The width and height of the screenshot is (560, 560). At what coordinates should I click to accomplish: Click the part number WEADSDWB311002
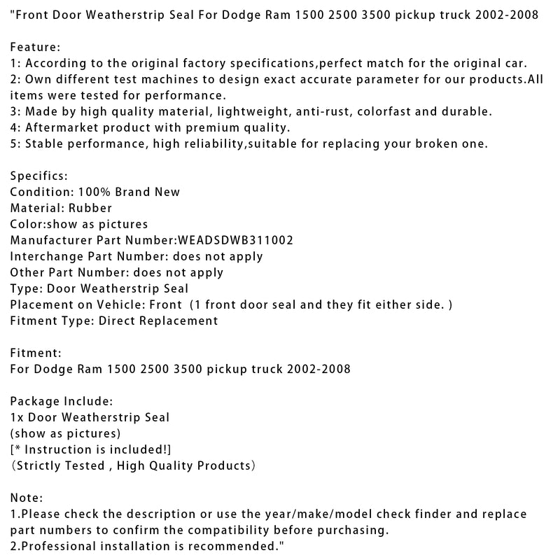(x=235, y=240)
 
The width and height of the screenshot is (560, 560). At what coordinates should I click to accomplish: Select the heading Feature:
(x=36, y=47)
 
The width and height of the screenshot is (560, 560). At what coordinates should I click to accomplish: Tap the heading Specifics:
(x=38, y=176)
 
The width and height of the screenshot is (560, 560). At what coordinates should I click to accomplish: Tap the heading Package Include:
(x=61, y=401)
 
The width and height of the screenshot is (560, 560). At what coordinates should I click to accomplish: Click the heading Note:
(x=27, y=498)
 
